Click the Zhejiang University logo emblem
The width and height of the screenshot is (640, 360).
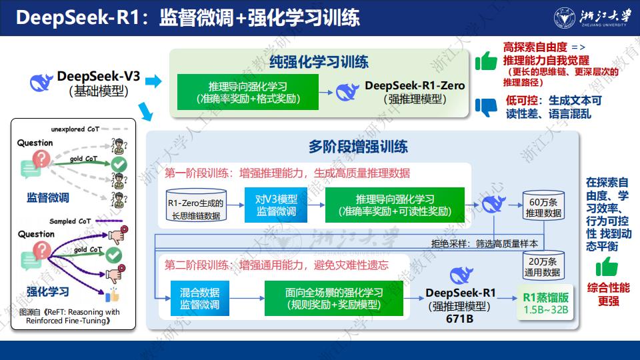[x=565, y=18]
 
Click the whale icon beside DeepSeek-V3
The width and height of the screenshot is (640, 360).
[x=41, y=83]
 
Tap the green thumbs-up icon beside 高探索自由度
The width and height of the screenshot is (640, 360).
[x=486, y=61]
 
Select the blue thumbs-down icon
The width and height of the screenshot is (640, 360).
[x=486, y=107]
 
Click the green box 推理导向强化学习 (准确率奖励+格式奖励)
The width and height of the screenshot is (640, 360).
[x=248, y=92]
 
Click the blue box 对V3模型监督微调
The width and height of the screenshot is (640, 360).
[x=276, y=205]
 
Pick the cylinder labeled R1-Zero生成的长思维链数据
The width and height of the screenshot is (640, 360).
[x=196, y=205]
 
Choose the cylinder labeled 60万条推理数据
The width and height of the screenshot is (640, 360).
[x=543, y=206]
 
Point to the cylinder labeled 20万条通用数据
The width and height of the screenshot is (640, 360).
[x=543, y=265]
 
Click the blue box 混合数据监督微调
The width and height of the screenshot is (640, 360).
[x=199, y=299]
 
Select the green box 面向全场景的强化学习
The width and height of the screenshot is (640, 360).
[x=334, y=299]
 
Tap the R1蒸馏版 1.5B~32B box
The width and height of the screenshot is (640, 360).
[x=545, y=303]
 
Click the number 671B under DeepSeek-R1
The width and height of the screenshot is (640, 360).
[x=459, y=319]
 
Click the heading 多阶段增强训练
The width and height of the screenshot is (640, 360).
[x=358, y=147]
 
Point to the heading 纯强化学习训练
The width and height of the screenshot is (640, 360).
[x=319, y=62]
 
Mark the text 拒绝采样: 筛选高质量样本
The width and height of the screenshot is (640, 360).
[x=485, y=244]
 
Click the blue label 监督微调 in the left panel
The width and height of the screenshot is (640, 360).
[x=48, y=197]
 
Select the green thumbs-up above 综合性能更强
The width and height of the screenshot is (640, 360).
[x=607, y=267]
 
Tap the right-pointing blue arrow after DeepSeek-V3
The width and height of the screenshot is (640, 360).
[x=153, y=81]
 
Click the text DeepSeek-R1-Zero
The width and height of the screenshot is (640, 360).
[x=415, y=85]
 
